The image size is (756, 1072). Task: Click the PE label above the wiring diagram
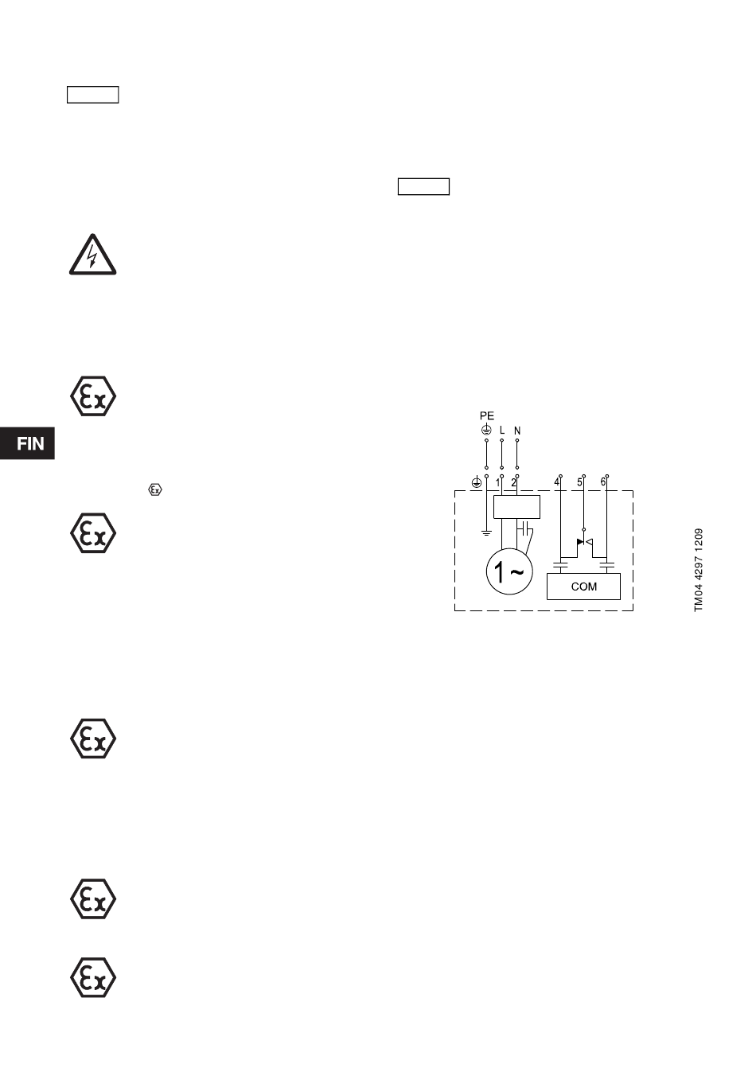coord(486,416)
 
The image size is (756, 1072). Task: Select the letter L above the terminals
coord(501,431)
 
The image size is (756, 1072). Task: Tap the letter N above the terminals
coord(517,431)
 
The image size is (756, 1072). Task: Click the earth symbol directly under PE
coord(486,430)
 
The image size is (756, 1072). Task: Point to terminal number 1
coord(498,482)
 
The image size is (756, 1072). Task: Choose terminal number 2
coord(513,482)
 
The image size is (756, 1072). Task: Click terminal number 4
coord(557,482)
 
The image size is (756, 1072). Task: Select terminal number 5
coord(579,482)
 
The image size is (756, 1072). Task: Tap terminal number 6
coord(602,482)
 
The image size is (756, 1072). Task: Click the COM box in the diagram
coord(584,587)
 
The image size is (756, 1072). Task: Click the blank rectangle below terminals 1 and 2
coord(516,507)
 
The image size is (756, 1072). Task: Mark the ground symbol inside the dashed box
coord(486,532)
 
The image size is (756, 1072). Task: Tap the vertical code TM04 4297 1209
coord(699,570)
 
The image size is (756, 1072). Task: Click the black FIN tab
coord(28,443)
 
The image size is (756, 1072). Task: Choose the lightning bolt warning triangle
coord(93,256)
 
